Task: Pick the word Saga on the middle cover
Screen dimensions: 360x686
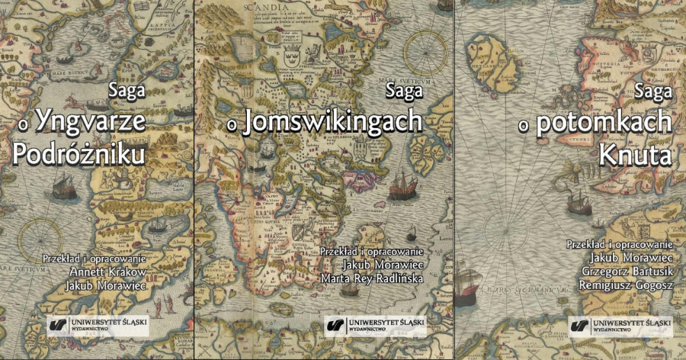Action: point(403,90)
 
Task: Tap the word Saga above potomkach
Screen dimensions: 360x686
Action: point(653,90)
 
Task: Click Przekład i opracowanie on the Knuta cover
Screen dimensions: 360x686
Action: point(618,244)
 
